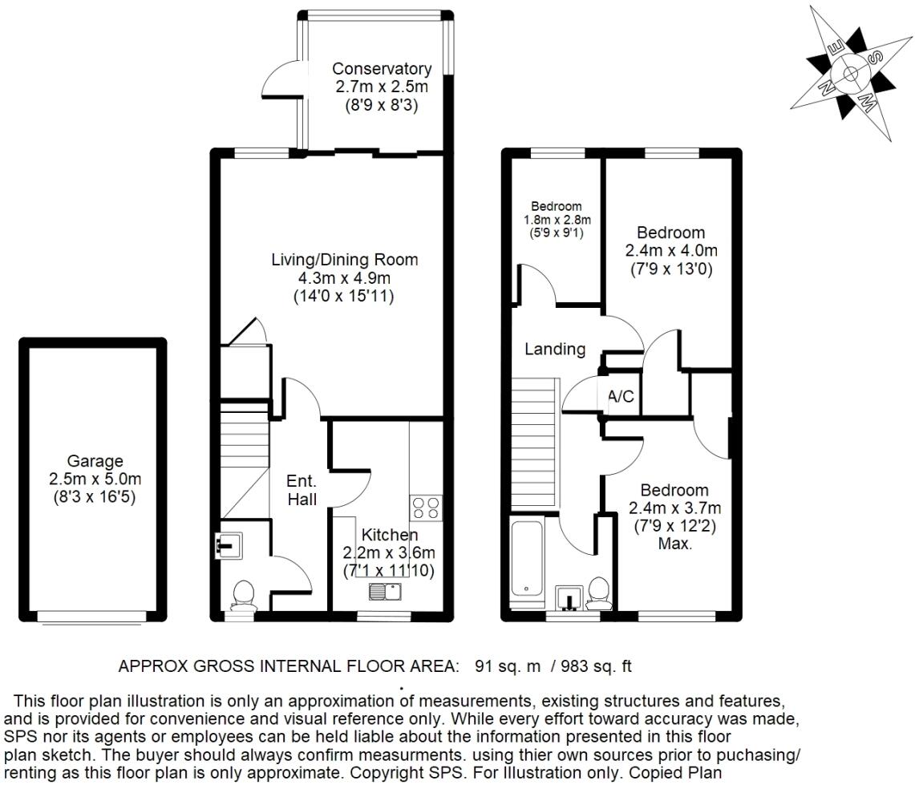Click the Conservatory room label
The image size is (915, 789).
[x=382, y=69]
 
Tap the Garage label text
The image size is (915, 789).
[x=95, y=461]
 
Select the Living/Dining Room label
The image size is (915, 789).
[x=345, y=260]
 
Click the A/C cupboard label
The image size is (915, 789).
[x=621, y=396]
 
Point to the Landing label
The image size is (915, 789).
[x=555, y=349]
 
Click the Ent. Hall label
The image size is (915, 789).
[x=302, y=491]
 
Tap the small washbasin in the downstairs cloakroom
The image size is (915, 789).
[x=227, y=547]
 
